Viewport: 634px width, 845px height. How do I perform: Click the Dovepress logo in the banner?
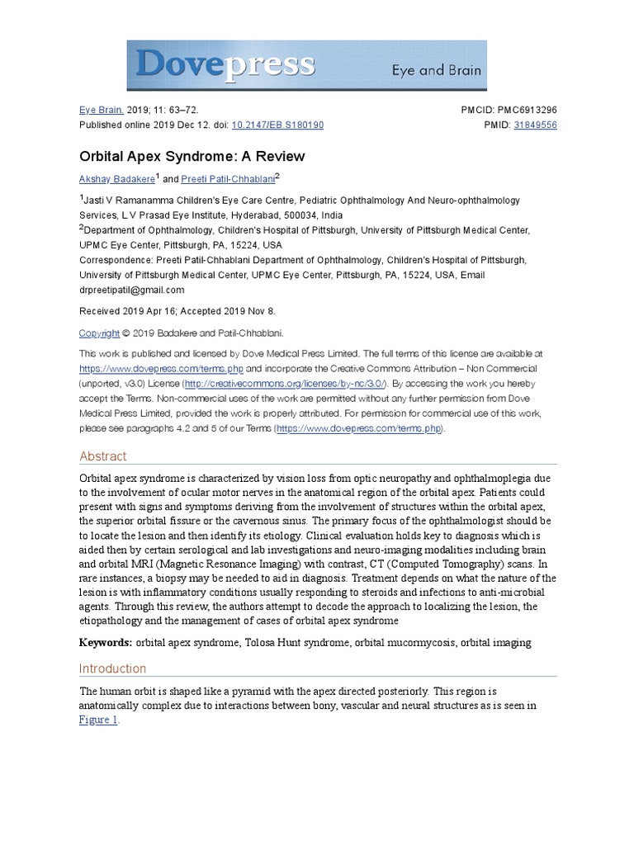pyautogui.click(x=225, y=64)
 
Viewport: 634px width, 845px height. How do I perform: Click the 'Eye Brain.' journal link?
pyautogui.click(x=101, y=110)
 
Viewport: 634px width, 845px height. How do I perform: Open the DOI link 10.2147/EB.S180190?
pyautogui.click(x=278, y=125)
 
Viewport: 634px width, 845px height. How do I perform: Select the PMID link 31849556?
pyautogui.click(x=535, y=125)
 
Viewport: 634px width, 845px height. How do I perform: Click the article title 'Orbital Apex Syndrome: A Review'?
pyautogui.click(x=192, y=156)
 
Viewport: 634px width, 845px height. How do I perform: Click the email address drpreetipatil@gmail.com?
pyautogui.click(x=132, y=290)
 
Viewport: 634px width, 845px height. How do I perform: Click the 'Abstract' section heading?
pyautogui.click(x=103, y=456)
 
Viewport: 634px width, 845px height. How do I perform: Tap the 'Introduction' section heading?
pyautogui.click(x=112, y=668)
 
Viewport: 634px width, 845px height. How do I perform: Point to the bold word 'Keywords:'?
pyautogui.click(x=106, y=642)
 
